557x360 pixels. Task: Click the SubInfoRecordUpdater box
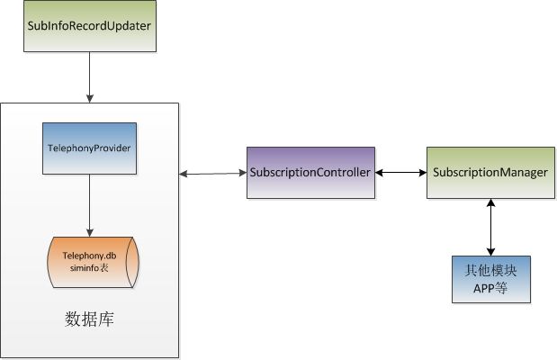tap(90, 26)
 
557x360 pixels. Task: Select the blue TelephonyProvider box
tap(89, 148)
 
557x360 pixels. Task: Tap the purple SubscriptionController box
tap(310, 173)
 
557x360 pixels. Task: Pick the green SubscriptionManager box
tap(490, 173)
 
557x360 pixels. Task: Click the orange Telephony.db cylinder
tap(93, 262)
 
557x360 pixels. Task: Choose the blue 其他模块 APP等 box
tap(491, 279)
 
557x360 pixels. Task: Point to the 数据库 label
tap(89, 319)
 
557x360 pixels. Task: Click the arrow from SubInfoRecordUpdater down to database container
tap(89, 77)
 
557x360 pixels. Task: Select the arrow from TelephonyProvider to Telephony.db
tap(89, 205)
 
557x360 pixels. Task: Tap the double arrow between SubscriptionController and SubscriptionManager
tap(400, 173)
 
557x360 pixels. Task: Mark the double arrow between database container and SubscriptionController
tap(212, 174)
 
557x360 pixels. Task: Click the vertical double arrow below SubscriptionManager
tap(491, 227)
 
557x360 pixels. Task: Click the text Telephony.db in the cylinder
tap(89, 256)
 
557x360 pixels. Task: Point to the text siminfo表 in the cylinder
tap(89, 268)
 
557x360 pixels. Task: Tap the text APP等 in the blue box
tap(490, 288)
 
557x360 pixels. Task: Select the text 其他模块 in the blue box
tap(490, 271)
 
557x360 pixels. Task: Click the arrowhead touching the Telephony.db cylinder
tap(89, 233)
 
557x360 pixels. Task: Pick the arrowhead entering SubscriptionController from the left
tap(243, 173)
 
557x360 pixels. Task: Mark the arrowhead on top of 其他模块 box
tap(491, 252)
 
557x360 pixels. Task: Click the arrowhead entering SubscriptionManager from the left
tap(423, 173)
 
